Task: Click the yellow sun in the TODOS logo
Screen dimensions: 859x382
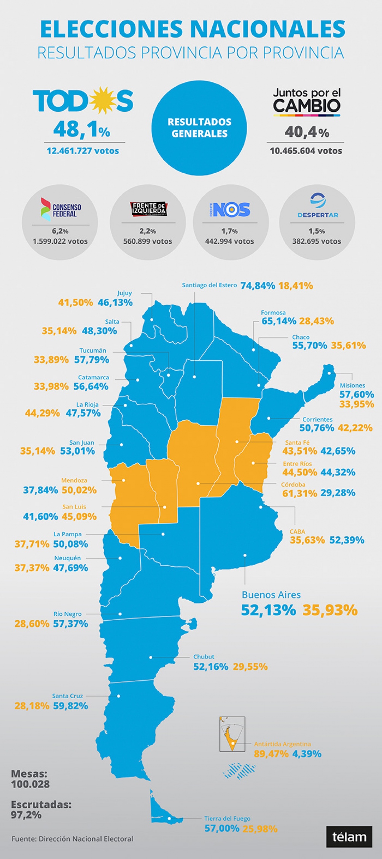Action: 101,100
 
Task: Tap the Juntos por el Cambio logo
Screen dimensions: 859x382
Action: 307,102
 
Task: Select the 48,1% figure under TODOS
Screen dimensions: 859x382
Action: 82,130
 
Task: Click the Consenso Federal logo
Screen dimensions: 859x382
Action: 60,209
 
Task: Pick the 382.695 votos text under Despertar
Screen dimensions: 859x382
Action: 317,241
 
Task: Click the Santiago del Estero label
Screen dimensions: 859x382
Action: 209,285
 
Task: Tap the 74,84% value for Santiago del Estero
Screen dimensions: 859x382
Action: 258,286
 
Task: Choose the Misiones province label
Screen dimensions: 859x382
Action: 352,385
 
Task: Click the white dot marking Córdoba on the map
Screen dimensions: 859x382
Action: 198,483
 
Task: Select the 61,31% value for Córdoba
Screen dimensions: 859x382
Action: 299,493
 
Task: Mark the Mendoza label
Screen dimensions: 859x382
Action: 74,480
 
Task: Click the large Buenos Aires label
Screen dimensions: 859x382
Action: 271,595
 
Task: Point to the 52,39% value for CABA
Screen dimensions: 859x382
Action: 347,540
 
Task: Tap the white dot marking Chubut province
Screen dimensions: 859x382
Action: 151,657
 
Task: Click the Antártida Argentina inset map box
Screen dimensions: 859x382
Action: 232,734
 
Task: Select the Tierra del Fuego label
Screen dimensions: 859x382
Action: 227,818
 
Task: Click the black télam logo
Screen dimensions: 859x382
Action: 349,837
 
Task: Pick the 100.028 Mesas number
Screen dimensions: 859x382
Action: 30,784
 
